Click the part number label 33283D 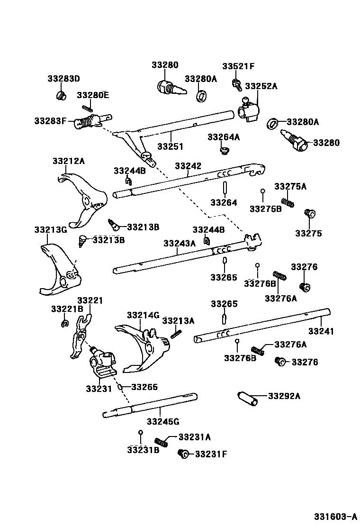coord(63,78)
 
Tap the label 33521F coord(239,66)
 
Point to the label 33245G coord(162,421)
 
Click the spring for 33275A coord(288,201)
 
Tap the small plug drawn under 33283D coord(61,97)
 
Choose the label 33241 coord(321,331)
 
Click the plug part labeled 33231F coord(183,454)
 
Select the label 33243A coord(179,243)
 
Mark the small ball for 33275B coord(262,191)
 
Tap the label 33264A coord(224,137)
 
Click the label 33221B coord(67,309)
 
